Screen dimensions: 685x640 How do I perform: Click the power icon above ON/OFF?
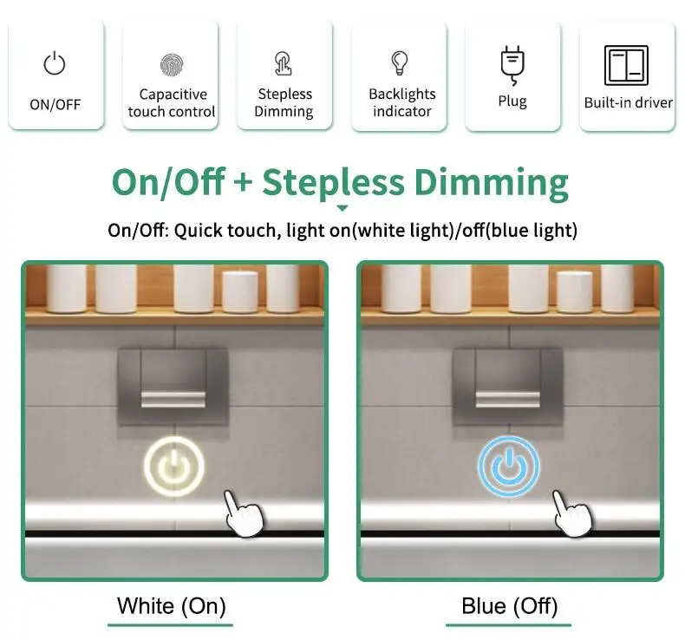(x=55, y=63)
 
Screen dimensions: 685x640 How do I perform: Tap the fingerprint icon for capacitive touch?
(x=172, y=65)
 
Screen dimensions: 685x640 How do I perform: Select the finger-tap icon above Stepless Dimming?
(x=283, y=63)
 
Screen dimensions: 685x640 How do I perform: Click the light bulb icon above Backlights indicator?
(x=399, y=63)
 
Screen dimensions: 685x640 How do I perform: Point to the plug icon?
(x=512, y=66)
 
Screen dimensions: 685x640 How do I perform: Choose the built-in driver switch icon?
(x=626, y=66)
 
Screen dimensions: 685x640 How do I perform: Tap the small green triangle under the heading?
(x=342, y=208)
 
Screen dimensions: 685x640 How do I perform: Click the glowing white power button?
(x=174, y=466)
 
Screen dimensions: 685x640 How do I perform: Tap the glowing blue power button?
(x=508, y=467)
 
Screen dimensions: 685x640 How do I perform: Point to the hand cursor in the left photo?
(x=244, y=513)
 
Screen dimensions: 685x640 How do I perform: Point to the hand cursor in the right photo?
(x=573, y=513)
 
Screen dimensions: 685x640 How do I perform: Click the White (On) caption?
(x=172, y=606)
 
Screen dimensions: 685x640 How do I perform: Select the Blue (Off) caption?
(x=509, y=606)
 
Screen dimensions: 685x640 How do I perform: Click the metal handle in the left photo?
(x=173, y=399)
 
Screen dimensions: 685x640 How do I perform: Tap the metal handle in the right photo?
(x=507, y=399)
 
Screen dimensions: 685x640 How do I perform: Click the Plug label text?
(x=512, y=101)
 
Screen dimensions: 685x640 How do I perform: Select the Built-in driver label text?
(x=629, y=102)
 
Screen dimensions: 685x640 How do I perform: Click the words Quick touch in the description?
(x=227, y=231)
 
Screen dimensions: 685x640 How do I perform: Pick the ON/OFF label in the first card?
(x=55, y=104)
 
